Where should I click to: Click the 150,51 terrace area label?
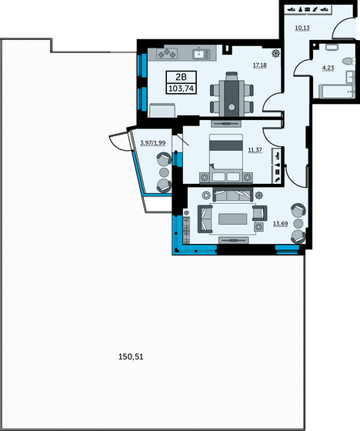click(x=132, y=357)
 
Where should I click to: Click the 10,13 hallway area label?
click(x=302, y=28)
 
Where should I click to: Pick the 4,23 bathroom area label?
click(x=327, y=67)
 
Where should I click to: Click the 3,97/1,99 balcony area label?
click(x=152, y=142)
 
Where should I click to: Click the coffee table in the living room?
click(x=234, y=219)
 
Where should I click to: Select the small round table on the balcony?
click(x=164, y=173)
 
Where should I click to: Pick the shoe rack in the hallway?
click(x=308, y=9)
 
